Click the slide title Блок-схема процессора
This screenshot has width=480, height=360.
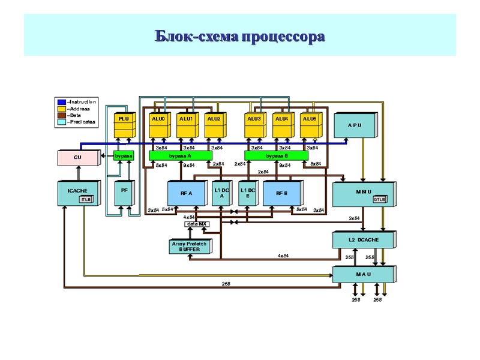[240, 37]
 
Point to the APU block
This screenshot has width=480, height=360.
[354, 125]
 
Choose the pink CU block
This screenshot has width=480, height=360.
[78, 158]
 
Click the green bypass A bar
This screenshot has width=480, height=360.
[181, 155]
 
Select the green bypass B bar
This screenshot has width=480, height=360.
[276, 155]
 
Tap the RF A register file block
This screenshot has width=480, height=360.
[187, 193]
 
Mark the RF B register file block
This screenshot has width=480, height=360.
[282, 193]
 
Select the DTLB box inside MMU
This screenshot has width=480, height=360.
[379, 199]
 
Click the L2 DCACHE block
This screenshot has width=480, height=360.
[364, 240]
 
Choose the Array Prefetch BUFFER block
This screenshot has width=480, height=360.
[188, 246]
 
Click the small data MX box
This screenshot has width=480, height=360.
[196, 224]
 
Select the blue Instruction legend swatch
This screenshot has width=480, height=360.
[61, 102]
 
